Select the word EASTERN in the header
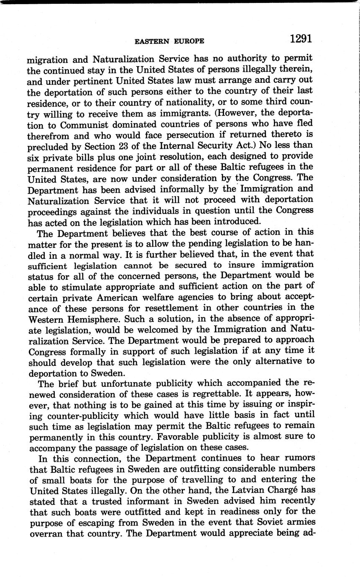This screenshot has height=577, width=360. click(x=151, y=41)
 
